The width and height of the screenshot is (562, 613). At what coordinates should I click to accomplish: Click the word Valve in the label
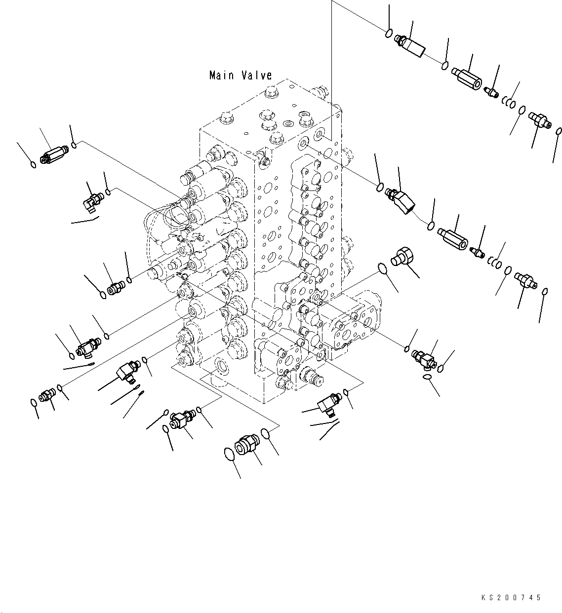tap(257, 75)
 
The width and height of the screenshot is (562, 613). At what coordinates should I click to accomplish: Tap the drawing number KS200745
tap(511, 598)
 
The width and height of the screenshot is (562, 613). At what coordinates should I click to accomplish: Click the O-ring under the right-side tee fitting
tap(427, 378)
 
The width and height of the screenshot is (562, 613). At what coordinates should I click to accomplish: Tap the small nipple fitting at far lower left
tap(47, 395)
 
